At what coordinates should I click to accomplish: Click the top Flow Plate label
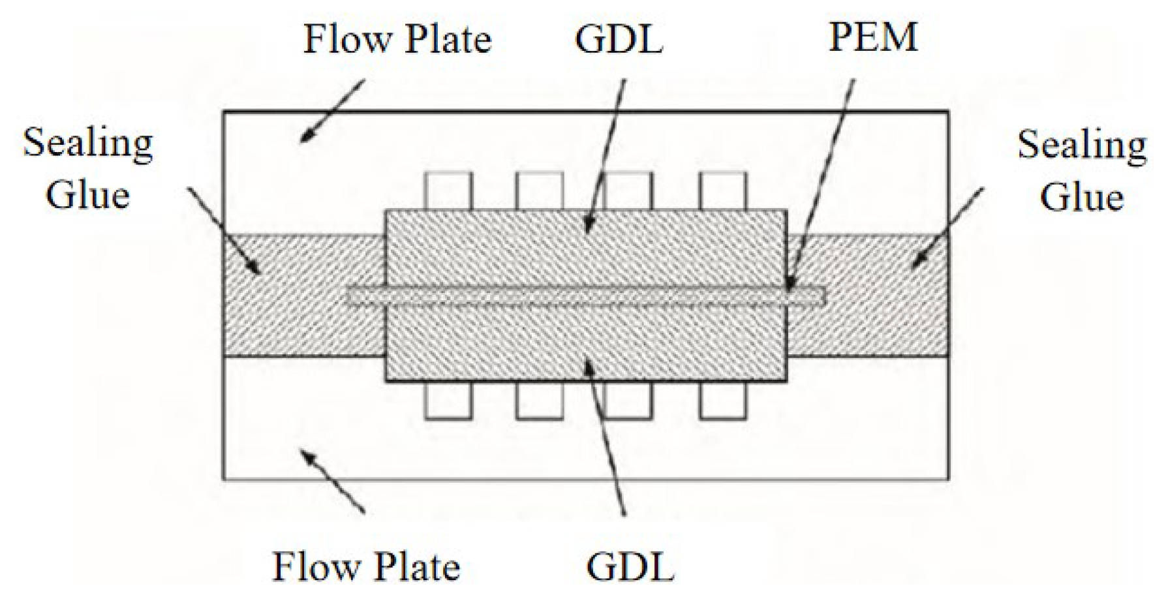397,40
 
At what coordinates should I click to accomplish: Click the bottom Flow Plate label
365,566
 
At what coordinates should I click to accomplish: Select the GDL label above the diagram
619,38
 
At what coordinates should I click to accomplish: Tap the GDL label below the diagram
630,566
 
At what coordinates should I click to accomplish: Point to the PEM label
873,37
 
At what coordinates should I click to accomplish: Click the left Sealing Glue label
87,169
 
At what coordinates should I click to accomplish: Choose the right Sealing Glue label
1082,170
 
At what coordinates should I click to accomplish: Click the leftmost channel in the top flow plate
448,191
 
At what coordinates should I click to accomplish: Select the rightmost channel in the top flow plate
723,191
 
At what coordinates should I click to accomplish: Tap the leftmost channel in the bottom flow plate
448,399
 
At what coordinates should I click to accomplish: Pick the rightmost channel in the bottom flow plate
723,399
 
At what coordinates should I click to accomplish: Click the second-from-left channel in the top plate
539,191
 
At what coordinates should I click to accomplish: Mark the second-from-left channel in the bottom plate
539,399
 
